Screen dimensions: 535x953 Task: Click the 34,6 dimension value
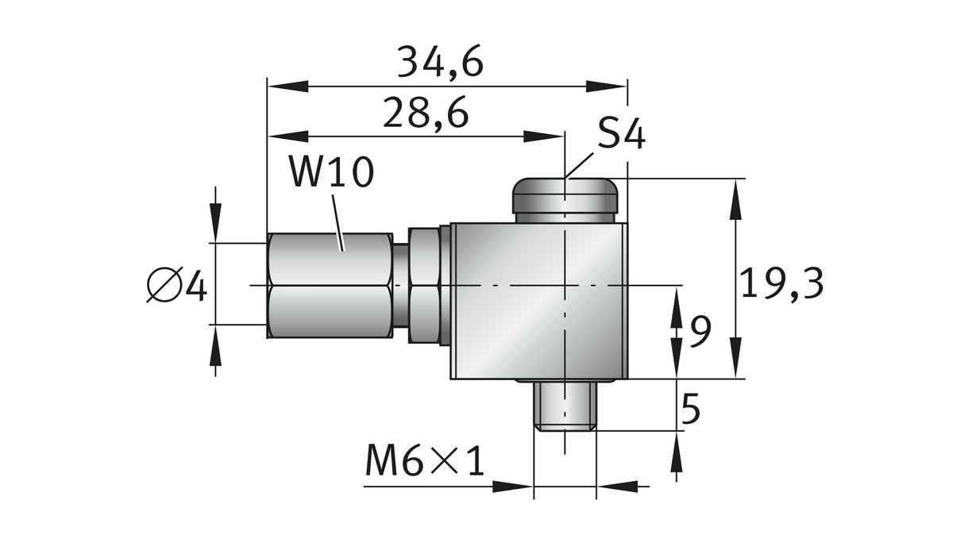[440, 62]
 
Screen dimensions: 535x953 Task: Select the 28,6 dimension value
[426, 114]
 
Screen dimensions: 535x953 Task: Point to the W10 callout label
[330, 172]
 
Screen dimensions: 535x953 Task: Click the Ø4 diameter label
[177, 286]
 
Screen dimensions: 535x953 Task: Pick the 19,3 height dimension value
[781, 283]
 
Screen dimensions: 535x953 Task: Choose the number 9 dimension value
[699, 332]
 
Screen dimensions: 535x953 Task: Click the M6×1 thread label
[425, 462]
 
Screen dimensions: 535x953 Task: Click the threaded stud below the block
[565, 406]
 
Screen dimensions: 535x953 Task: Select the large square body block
[538, 302]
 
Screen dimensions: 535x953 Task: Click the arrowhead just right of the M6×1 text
[512, 486]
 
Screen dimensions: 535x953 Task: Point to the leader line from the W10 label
[338, 222]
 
